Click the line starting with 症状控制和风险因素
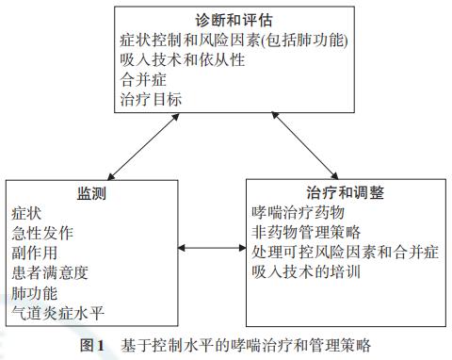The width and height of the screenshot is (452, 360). point(234,41)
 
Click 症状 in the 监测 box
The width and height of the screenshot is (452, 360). point(26,214)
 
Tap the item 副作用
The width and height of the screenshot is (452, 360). point(34,253)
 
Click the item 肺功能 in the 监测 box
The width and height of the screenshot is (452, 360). point(34,292)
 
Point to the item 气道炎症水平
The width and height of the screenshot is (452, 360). point(57,312)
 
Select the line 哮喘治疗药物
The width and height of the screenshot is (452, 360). point(299,213)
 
